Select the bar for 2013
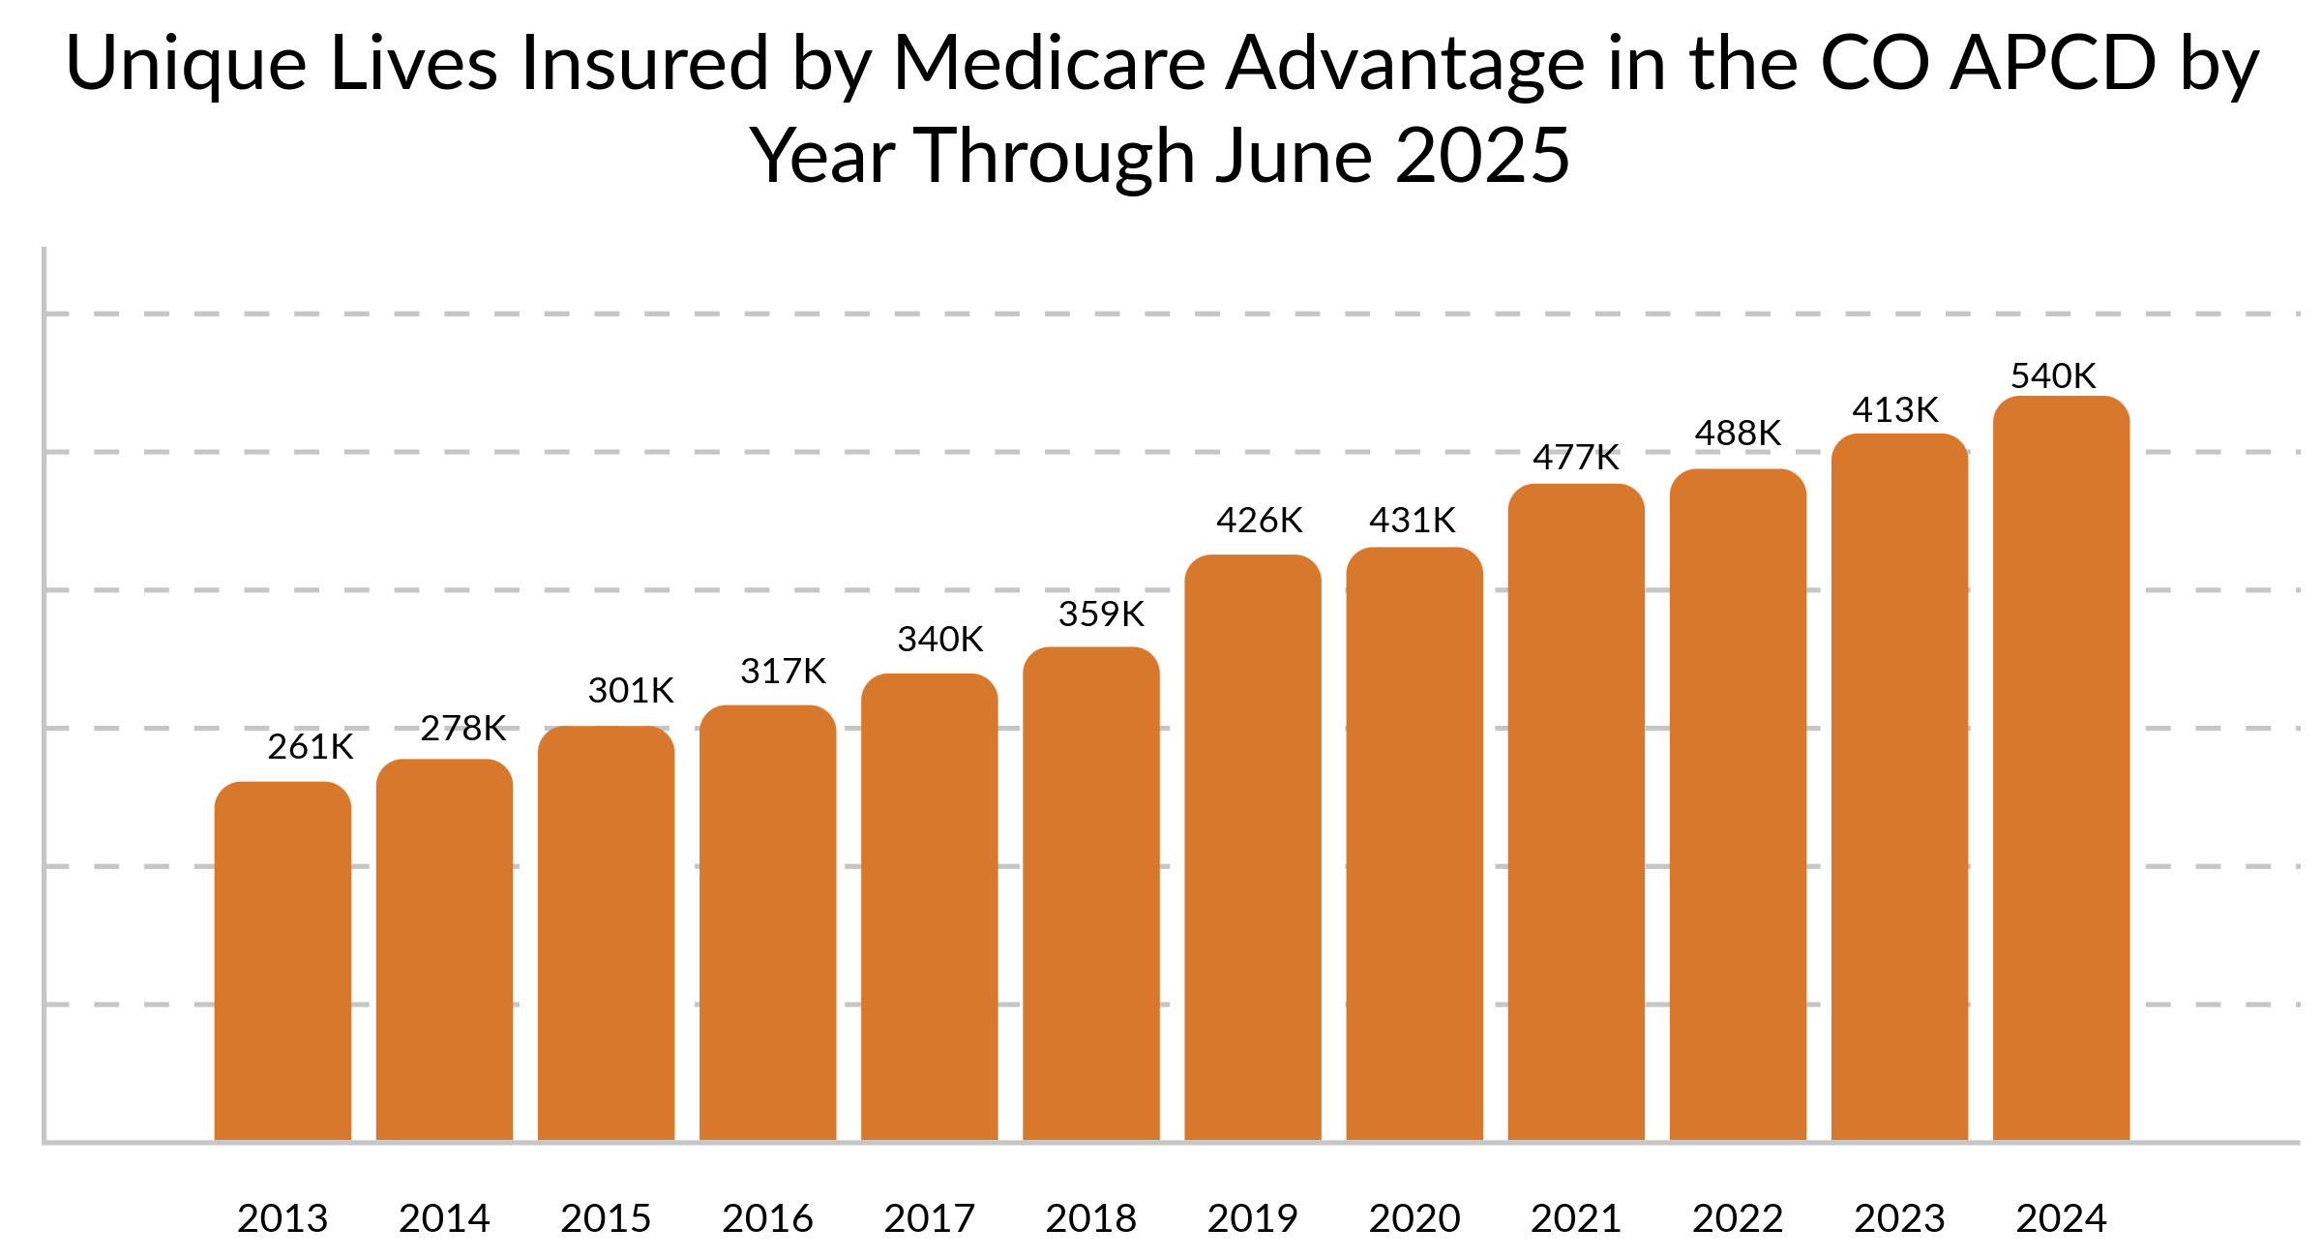pos(283,963)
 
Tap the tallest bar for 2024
pos(2061,769)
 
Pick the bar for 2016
pos(767,924)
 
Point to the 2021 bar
pos(1576,813)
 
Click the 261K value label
pos(311,747)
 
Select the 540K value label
pos(2053,376)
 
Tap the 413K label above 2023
pos(1895,410)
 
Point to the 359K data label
pos(1101,614)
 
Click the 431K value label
pos(1412,521)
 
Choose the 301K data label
pos(631,691)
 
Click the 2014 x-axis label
pos(444,1218)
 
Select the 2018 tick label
pos(1091,1218)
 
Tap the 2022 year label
pos(1738,1218)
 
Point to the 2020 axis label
pos(1414,1218)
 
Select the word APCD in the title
pos(2052,64)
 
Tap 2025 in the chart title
pos(1482,157)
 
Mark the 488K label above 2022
pos(1738,434)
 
